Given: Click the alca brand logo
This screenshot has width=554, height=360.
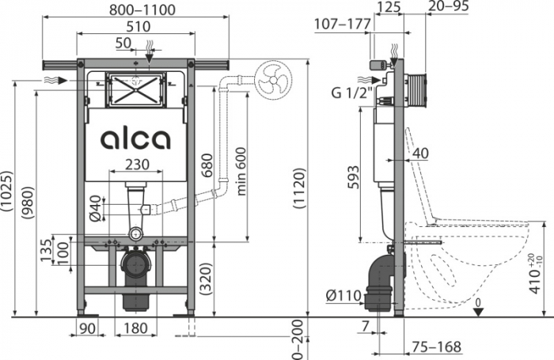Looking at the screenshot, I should click(x=135, y=140).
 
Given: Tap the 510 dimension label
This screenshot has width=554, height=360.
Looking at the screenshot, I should click(x=135, y=25).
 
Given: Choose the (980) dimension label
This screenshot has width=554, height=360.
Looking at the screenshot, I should click(x=28, y=205).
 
